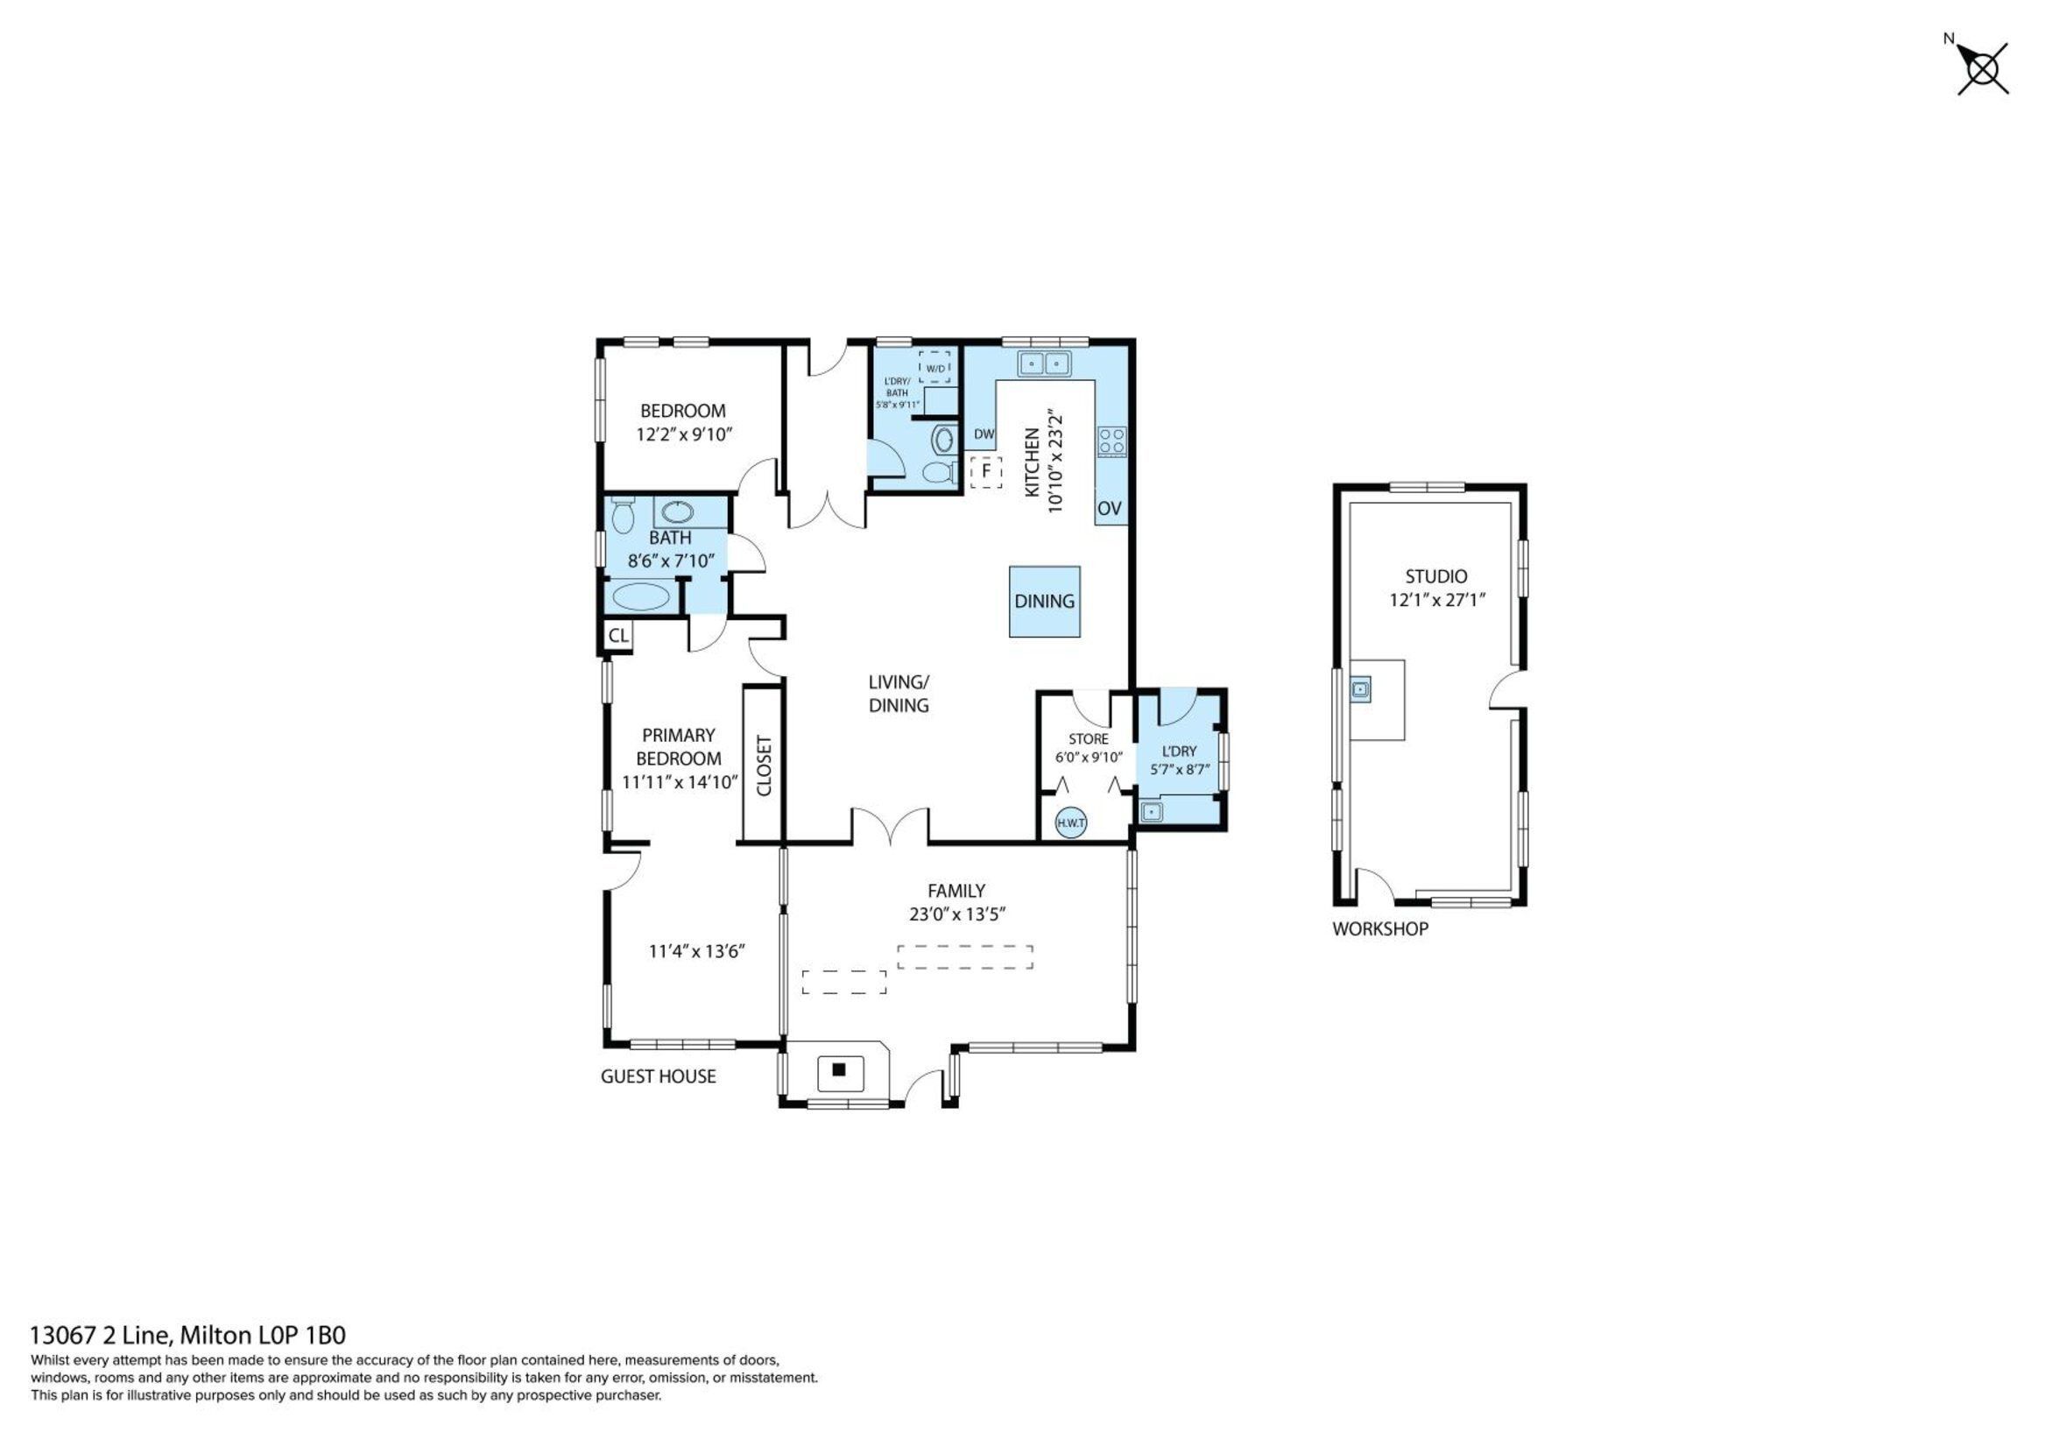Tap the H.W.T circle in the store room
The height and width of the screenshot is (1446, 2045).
(x=1070, y=822)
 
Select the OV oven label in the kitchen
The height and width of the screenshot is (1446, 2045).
(x=1109, y=509)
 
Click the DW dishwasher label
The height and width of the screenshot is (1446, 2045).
(x=984, y=434)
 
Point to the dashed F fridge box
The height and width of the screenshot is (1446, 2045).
(x=986, y=471)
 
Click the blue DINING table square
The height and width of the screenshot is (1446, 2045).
(x=1044, y=602)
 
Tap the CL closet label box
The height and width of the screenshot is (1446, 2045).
(x=618, y=636)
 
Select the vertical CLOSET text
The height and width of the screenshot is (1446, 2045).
(x=764, y=765)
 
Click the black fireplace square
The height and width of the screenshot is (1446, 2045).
(x=838, y=1069)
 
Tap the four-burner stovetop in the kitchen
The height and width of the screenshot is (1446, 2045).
(x=1111, y=441)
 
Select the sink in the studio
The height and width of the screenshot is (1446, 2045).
(x=1360, y=688)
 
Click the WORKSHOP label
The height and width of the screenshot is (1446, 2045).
(x=1379, y=928)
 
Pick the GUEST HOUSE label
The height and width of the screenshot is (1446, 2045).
(x=658, y=1076)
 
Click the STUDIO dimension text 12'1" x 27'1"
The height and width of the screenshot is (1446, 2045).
(x=1435, y=600)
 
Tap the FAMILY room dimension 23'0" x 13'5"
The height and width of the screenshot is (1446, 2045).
(x=956, y=913)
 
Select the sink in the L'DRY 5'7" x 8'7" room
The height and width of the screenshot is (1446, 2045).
(x=1151, y=812)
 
